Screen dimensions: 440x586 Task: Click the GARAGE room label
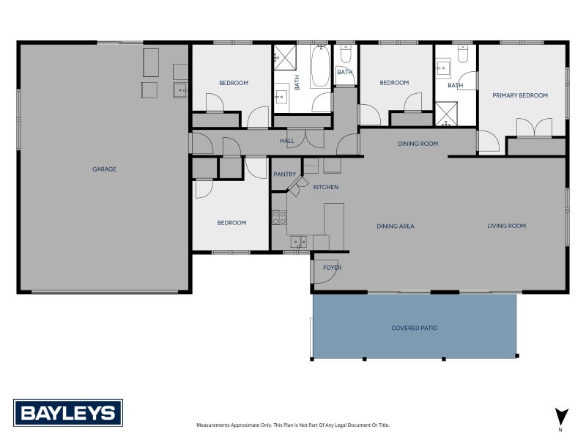coord(104,169)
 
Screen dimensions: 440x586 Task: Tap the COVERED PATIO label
coord(414,328)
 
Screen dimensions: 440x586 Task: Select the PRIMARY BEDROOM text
coord(520,95)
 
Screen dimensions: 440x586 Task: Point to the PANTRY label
coord(284,175)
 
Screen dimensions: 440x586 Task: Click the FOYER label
coord(332,268)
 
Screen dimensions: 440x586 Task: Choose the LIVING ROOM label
coord(506,226)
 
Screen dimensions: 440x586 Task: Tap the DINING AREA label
coord(396,227)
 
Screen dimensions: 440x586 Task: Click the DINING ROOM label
coord(418,144)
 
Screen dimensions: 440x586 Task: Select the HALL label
coord(286,141)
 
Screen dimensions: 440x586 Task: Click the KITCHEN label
coord(326,187)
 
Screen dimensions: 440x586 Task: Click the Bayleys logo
coord(67,413)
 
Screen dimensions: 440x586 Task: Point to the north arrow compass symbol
coord(561,417)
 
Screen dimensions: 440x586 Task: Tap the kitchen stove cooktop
coord(278,217)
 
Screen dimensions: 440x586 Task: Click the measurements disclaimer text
coord(292,425)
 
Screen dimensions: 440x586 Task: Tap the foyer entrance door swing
coord(326,268)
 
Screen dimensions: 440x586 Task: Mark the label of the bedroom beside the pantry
coord(231,223)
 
